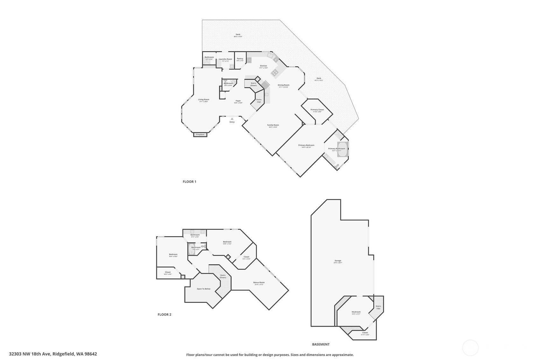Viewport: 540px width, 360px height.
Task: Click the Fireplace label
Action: (x=200, y=135)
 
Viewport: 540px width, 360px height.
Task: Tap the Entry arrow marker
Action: (x=232, y=119)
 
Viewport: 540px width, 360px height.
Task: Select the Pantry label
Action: (x=240, y=59)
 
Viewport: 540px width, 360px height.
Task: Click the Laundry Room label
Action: (x=225, y=59)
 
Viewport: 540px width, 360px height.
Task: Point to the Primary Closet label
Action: (x=317, y=109)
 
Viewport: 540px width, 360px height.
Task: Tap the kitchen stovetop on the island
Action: (x=275, y=73)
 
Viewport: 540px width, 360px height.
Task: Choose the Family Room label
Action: (x=273, y=125)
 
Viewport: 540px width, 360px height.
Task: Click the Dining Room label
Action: (x=283, y=85)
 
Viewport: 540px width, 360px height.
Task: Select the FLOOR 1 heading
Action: (x=189, y=182)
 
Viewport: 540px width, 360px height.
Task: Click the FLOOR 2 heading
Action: (x=164, y=314)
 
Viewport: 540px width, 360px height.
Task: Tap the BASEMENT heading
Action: (x=321, y=344)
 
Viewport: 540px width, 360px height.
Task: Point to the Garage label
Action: (x=338, y=261)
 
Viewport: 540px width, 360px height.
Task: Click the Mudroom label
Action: (x=356, y=312)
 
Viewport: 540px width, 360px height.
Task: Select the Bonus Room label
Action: (x=259, y=282)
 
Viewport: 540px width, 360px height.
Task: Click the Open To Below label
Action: (x=203, y=289)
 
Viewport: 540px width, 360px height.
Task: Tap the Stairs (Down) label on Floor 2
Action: (x=223, y=276)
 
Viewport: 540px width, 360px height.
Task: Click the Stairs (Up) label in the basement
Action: (x=378, y=307)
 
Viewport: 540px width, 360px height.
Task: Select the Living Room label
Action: (x=203, y=99)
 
